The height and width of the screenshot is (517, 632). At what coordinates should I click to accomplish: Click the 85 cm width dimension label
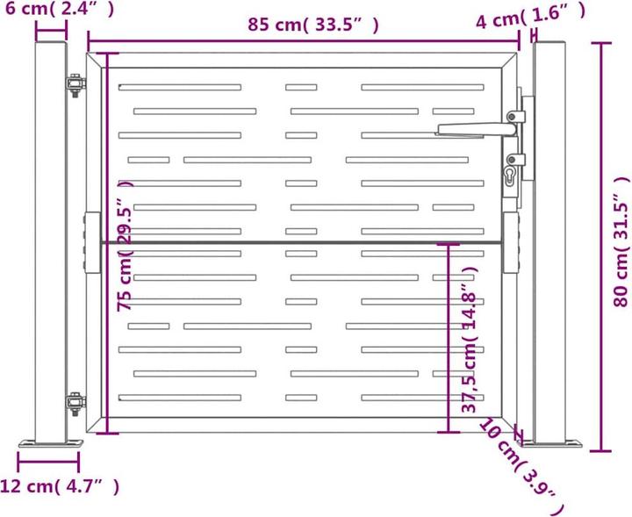coord(313,25)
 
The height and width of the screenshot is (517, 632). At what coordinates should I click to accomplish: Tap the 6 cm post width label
coord(60,9)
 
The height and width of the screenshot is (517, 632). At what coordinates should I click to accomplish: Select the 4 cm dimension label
coord(530,16)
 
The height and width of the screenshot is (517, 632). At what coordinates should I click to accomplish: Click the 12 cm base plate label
coord(60,486)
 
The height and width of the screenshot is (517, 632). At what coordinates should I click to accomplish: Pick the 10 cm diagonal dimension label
coord(522,467)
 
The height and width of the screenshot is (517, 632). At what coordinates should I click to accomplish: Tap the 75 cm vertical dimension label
coord(125,245)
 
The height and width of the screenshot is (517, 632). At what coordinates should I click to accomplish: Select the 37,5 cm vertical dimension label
coord(469,340)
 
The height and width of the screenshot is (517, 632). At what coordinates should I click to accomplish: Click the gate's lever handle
coord(477,129)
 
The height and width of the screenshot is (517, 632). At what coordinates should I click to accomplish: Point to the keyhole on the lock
coord(510,176)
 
